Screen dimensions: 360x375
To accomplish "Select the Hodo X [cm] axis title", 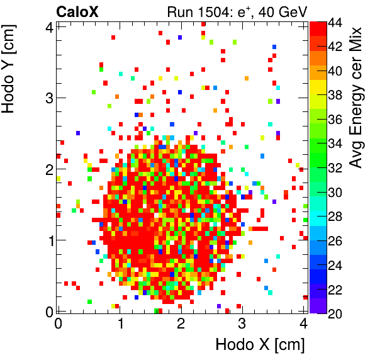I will [260, 344].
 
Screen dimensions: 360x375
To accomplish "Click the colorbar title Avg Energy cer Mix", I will [356, 98].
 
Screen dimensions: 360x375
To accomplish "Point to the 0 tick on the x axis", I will [58, 324].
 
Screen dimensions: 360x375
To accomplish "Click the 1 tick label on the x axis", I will [119, 324].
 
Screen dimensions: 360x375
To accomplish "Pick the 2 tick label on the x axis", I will [181, 324].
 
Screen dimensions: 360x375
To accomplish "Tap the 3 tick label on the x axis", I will [242, 324].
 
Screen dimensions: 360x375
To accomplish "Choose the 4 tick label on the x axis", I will [303, 324].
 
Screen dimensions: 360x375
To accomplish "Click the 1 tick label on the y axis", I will [47, 240].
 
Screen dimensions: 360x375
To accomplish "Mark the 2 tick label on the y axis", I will [47, 169].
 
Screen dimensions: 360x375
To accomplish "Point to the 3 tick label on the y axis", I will [47, 98].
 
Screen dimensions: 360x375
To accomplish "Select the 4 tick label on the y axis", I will [47, 26].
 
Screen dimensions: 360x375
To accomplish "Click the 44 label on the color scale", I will [334, 23].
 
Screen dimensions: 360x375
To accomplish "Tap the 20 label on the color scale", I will [334, 313].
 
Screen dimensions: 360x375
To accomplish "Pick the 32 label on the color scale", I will [334, 168].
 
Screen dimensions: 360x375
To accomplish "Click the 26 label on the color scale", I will [334, 240].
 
